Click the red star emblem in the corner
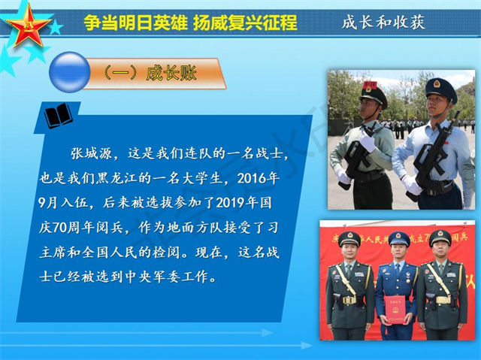[x=28, y=25]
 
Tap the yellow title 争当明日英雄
[x=135, y=23]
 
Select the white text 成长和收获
[x=383, y=22]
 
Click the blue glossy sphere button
[x=70, y=72]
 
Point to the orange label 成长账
[x=171, y=74]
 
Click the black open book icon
[x=59, y=116]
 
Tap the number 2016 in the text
[x=250, y=178]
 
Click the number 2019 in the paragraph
[x=229, y=203]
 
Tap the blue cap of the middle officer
[x=399, y=238]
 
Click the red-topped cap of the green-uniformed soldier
[x=373, y=92]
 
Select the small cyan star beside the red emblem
[x=56, y=27]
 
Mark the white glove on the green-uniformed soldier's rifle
[x=368, y=141]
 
